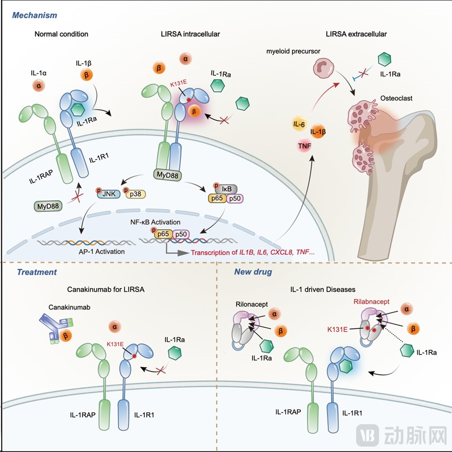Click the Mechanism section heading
35,16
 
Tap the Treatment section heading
37,272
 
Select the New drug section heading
254,272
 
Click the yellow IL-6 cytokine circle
298,125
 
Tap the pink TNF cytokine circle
304,146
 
